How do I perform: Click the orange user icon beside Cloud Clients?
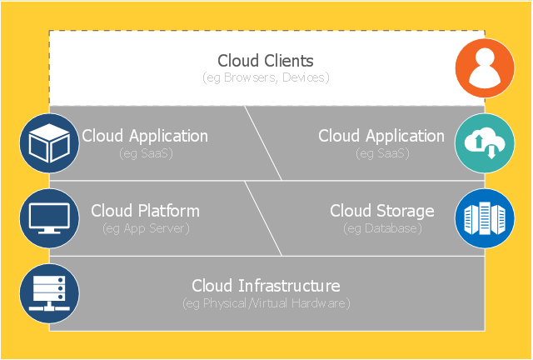pos(485,68)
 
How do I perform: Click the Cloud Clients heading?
pos(266,61)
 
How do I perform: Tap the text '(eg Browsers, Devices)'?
pos(266,77)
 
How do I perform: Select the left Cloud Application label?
pos(144,136)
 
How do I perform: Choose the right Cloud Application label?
pos(381,136)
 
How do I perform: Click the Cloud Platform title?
pos(146,211)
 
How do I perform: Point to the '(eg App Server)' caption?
pos(146,227)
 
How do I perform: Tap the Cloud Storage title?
pos(382,211)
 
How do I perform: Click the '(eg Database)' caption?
pos(382,227)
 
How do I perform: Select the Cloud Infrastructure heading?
pos(266,286)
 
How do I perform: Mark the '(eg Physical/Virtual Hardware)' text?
pos(266,303)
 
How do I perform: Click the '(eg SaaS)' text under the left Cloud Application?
pos(144,153)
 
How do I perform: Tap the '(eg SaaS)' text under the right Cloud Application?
pos(381,153)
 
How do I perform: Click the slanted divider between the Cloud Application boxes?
pos(263,143)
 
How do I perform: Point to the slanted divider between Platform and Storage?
pos(263,218)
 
